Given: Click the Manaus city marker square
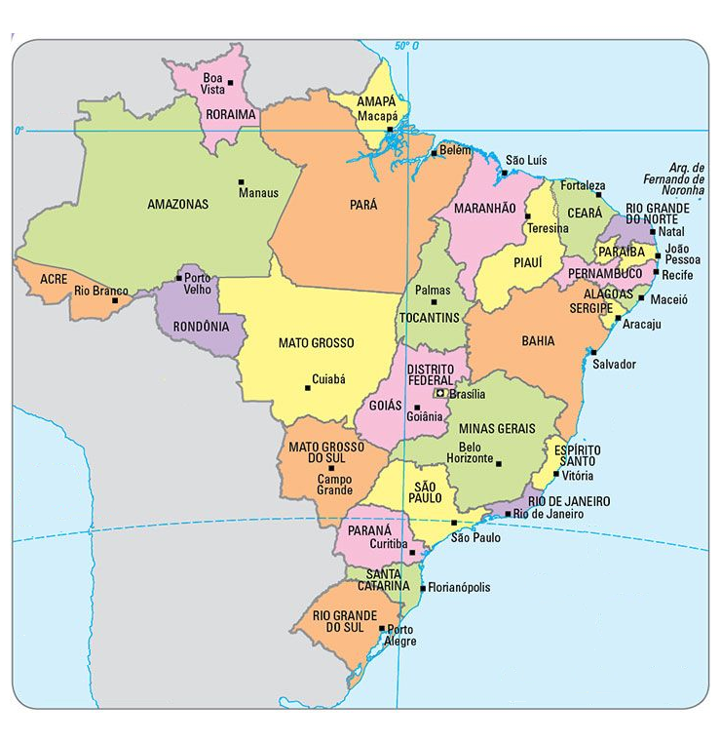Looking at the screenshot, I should pos(241,181).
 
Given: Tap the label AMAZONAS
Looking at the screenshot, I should pos(177,205).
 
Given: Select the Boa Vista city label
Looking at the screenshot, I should pos(212,83).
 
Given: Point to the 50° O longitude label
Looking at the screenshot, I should pos(406,46).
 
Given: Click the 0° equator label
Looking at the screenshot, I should pos(19,130).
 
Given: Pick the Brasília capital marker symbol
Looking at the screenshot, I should pos(440,393).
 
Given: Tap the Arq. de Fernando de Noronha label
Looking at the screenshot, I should pos(672,179).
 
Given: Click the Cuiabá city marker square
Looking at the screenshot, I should pos(308,387).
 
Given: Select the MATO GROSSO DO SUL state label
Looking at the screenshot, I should pos(324,452).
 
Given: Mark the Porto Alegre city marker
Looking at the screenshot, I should pos(381,629).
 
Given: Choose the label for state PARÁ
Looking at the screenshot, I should pos(362,206).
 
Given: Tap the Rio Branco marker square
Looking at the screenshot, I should pos(116,300).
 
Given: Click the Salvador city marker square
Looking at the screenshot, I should pos(591,351).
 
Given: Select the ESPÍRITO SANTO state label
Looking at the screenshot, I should pos(576,455).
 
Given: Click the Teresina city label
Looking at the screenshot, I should pos(547,228).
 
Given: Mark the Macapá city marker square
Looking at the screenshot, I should pos(390,129).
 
